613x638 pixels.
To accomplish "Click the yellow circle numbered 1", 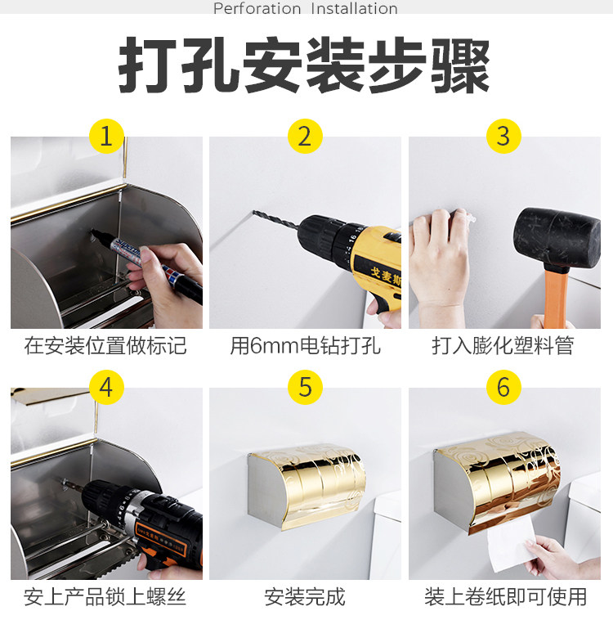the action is tap(106, 136).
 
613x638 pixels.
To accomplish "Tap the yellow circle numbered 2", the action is tap(305, 136).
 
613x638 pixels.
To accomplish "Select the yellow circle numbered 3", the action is tap(503, 136).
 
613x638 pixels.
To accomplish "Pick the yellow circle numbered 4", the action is tap(106, 387).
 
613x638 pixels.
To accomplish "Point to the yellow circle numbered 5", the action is tap(305, 387).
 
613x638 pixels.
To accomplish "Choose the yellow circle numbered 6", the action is tap(503, 387).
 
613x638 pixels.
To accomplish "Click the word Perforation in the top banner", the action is tap(257, 8).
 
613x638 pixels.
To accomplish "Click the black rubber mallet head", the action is tap(557, 238).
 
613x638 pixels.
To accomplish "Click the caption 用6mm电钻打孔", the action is tap(305, 346).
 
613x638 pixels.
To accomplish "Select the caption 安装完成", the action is tap(305, 597).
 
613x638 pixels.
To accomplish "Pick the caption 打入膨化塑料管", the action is tap(503, 346).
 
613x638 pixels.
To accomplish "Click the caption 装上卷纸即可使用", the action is tap(505, 597).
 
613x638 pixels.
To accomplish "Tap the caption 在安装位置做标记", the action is tap(105, 346).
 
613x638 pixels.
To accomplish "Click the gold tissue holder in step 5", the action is tap(306, 486).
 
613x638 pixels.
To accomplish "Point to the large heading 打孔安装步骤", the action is tap(304, 65).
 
